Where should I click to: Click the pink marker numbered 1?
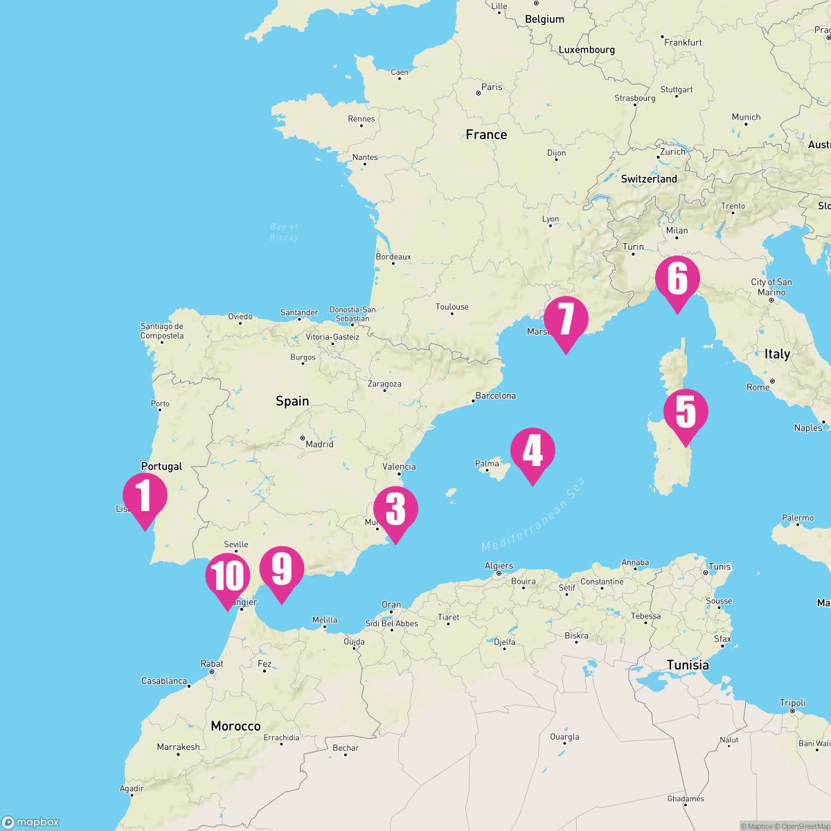[145, 497]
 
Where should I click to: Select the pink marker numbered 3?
[395, 510]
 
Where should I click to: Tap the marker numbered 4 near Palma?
[533, 452]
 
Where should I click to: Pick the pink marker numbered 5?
[686, 413]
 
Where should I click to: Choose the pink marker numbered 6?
[677, 279]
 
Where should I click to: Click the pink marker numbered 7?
[566, 320]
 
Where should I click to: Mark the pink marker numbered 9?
[282, 569]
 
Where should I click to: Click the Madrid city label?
[319, 444]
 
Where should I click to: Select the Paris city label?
[492, 87]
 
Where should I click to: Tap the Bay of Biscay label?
[284, 232]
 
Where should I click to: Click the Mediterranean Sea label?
[534, 515]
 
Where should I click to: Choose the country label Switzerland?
[649, 179]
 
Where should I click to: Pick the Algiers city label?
[499, 566]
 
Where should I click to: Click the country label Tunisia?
[688, 665]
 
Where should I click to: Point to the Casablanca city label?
[164, 681]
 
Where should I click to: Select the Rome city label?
[758, 387]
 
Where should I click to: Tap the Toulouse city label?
[452, 307]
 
